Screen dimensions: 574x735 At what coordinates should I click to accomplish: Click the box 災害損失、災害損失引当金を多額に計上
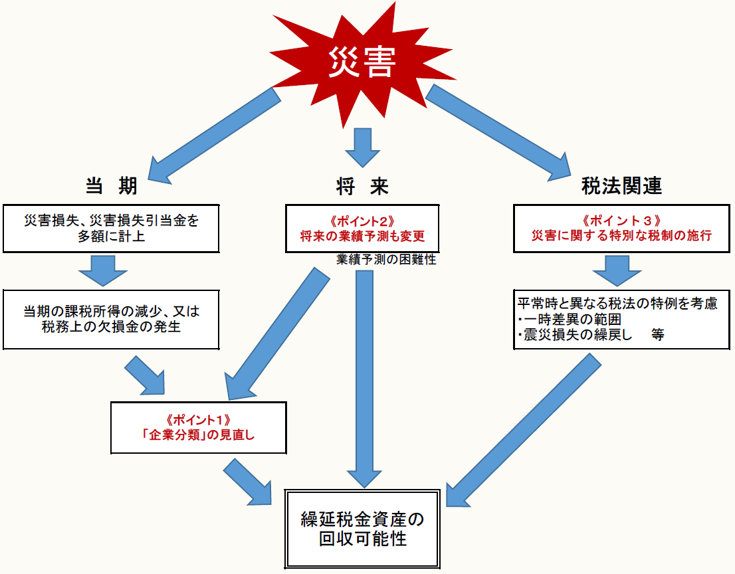pos(111,228)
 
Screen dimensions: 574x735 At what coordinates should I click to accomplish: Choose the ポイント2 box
pos(362,228)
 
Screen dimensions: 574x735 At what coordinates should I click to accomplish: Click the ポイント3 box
pos(622,228)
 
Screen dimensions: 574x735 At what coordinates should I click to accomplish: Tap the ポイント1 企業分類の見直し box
pos(198,427)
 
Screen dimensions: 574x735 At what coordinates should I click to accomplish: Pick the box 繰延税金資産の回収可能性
pos(362,527)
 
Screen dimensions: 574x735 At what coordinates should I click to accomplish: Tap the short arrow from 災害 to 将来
pos(362,146)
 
